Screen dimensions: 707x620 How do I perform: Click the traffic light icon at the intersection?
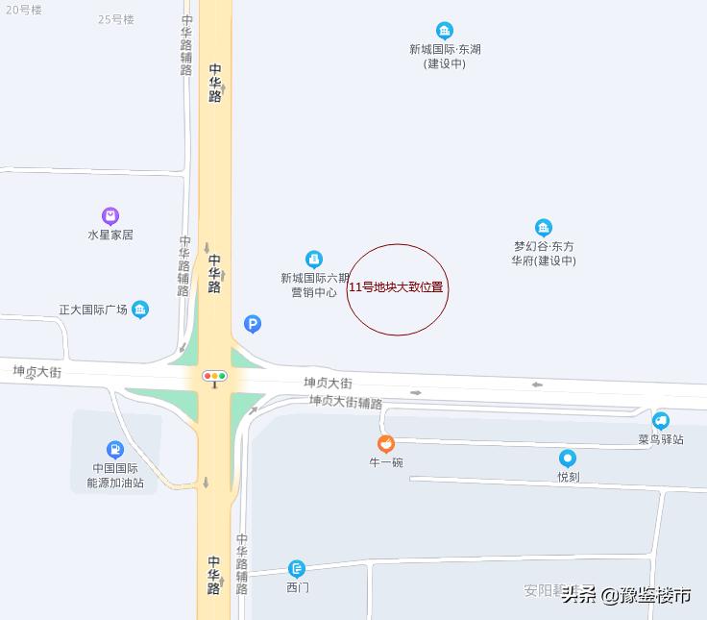point(214,376)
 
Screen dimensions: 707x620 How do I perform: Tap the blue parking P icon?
point(253,325)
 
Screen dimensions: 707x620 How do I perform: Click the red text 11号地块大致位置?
point(396,287)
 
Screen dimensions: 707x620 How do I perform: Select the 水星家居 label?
point(110,235)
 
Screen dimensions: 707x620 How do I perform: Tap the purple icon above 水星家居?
point(110,215)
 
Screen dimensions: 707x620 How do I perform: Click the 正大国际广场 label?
point(93,310)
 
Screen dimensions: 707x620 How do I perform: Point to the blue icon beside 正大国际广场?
point(141,310)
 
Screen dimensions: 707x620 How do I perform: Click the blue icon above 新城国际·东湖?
point(444,31)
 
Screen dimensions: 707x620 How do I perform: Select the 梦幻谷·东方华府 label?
point(544,253)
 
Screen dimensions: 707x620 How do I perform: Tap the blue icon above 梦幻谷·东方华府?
point(544,228)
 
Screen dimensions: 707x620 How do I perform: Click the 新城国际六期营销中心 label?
point(314,285)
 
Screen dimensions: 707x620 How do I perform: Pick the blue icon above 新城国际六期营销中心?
point(314,259)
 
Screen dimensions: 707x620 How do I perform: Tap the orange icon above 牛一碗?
point(385,444)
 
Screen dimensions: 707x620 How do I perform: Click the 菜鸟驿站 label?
point(661,439)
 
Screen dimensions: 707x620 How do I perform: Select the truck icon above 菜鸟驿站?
point(661,420)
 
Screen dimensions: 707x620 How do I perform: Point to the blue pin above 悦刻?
point(568,459)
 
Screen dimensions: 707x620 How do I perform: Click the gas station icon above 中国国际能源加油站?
point(115,449)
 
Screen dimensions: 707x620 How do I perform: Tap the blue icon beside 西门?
point(297,569)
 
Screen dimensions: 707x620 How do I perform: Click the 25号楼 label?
point(116,19)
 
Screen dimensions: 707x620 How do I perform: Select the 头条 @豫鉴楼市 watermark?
point(626,595)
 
